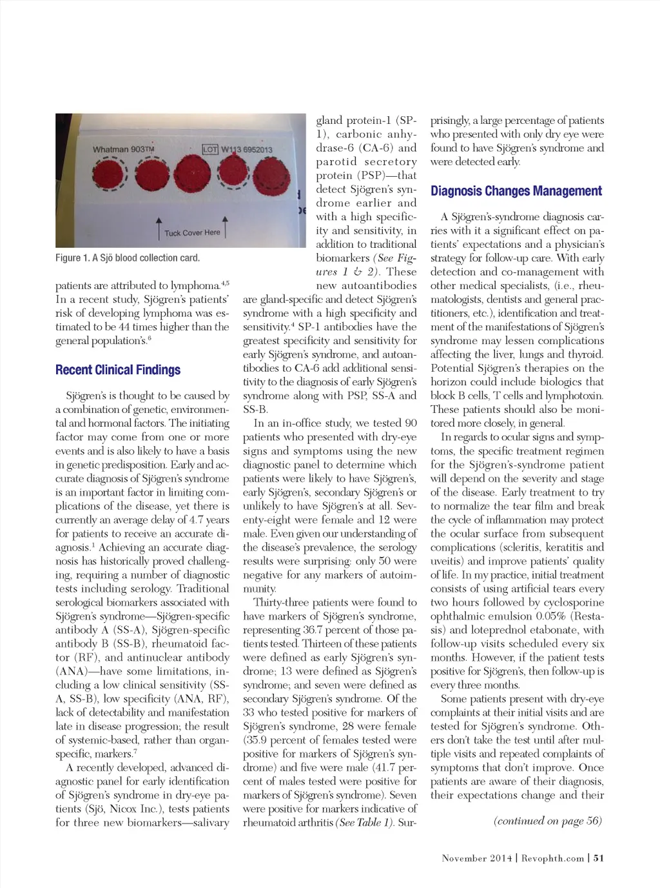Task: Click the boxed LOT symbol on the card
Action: click(x=210, y=150)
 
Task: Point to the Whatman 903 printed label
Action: click(x=123, y=150)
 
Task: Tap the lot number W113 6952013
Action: click(x=247, y=150)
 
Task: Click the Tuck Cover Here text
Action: click(x=192, y=233)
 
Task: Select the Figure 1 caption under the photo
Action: click(x=128, y=258)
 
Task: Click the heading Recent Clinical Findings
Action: click(x=118, y=370)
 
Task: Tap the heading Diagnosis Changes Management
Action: click(x=516, y=191)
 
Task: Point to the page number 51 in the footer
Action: click(x=599, y=858)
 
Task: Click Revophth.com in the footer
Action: click(x=552, y=858)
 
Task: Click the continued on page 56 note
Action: click(x=547, y=821)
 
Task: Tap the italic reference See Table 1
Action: click(x=364, y=823)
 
